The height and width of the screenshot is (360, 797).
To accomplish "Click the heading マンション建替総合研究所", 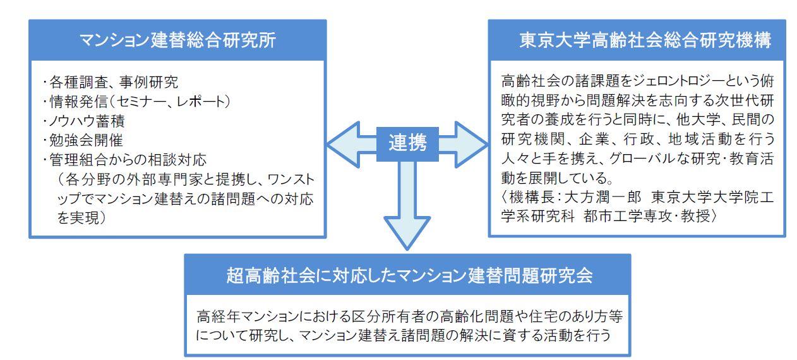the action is click(x=177, y=40).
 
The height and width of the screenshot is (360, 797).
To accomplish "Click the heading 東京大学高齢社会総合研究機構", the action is click(x=645, y=40).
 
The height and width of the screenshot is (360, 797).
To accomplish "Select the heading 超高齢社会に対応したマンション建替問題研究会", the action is click(x=409, y=275).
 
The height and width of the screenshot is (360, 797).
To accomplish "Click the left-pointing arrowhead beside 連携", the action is click(x=344, y=145).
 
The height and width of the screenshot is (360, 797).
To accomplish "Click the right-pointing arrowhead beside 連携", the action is click(x=471, y=145).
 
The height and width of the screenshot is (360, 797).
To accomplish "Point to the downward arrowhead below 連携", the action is click(x=407, y=233).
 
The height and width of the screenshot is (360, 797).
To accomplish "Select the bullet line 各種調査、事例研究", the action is click(x=111, y=82).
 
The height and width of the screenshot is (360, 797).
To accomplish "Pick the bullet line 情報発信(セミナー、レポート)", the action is click(x=136, y=102).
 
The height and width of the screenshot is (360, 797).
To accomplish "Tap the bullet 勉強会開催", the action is click(x=83, y=140).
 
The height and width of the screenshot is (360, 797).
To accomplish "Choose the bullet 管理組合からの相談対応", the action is click(x=124, y=160).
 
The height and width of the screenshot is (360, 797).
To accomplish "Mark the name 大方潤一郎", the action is click(x=602, y=196).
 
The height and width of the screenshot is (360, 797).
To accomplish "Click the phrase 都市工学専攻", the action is click(x=627, y=216).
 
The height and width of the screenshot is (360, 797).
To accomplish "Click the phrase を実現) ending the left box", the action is click(x=82, y=218).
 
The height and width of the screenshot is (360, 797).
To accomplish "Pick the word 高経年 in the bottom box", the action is click(x=219, y=316).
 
